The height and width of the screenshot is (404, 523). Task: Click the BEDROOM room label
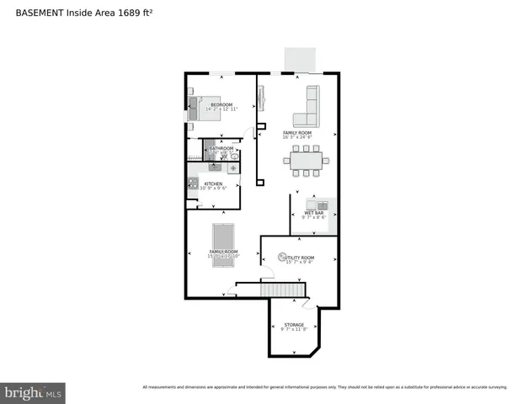click(221, 104)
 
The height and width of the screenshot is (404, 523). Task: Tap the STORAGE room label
click(294, 325)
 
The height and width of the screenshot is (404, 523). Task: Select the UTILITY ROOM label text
click(301, 258)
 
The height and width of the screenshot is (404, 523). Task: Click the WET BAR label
click(314, 213)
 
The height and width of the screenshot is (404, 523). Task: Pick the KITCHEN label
click(213, 183)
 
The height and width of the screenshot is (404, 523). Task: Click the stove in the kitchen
click(193, 183)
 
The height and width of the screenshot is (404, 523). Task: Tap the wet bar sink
click(320, 205)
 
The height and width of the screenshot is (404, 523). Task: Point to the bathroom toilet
click(234, 157)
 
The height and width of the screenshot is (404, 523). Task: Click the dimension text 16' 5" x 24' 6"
click(297, 137)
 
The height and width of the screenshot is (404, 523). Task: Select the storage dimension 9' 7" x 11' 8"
click(294, 330)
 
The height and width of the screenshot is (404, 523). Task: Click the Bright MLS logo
click(33, 393)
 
